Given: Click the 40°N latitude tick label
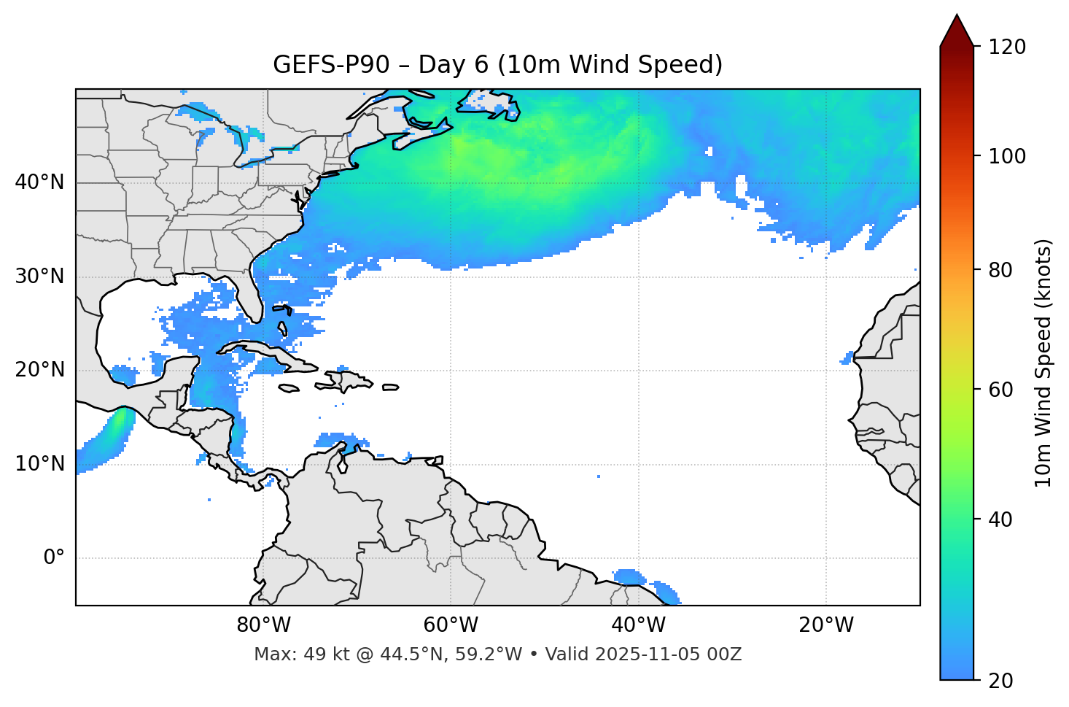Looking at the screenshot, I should (39, 182).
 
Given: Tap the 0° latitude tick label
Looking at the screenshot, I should (53, 558).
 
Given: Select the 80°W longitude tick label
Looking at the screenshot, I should (263, 625).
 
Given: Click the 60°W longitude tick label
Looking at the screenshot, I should (451, 625).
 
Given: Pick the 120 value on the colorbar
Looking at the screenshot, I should (1007, 47).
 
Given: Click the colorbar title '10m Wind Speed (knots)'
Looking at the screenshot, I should (1043, 363).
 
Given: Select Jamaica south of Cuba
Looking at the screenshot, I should (289, 389).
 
